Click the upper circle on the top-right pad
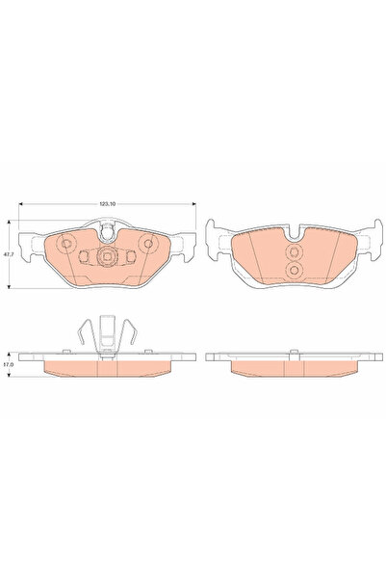[x=296, y=249]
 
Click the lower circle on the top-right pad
[x=296, y=273]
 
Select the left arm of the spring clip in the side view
[x=85, y=332]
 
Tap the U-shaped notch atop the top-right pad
[x=295, y=228]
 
